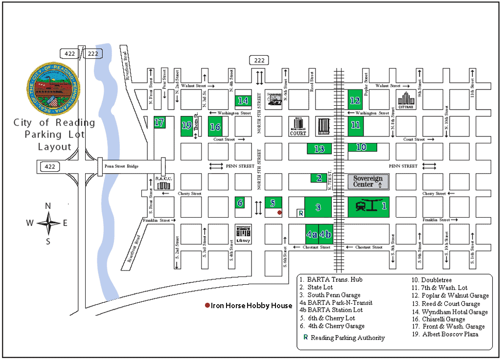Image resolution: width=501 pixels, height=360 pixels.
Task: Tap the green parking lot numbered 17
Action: pos(159,123)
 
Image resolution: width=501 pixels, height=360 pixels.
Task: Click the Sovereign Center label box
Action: pos(368,181)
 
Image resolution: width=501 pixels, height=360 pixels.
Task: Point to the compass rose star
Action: pos(48,224)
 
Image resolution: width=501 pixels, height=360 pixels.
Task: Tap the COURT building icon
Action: pos(298,126)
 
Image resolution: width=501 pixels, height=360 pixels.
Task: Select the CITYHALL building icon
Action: pos(406,101)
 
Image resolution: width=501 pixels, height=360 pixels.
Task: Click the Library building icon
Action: pos(243,234)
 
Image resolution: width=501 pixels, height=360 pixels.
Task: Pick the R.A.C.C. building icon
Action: pos(161,183)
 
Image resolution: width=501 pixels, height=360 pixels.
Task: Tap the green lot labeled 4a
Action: pos(312,234)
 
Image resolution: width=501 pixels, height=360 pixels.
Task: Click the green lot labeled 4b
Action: pos(325,234)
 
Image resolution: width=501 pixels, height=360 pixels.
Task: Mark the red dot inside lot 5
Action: pos(279,213)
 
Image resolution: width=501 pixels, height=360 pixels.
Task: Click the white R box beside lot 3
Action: pos(301,213)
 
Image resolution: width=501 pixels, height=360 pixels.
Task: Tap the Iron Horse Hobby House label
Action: pos(251,306)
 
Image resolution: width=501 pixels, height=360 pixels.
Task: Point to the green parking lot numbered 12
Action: pos(355,101)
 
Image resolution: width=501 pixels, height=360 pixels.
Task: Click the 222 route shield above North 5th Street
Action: pos(259,60)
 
